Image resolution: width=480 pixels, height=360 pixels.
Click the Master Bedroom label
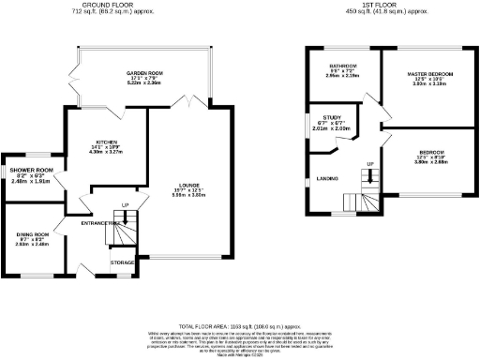click(x=430, y=73)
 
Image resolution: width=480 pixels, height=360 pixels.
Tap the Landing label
click(x=327, y=178)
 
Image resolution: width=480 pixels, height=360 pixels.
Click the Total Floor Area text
click(x=240, y=322)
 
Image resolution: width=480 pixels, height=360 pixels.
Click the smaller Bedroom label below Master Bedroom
click(x=430, y=151)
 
